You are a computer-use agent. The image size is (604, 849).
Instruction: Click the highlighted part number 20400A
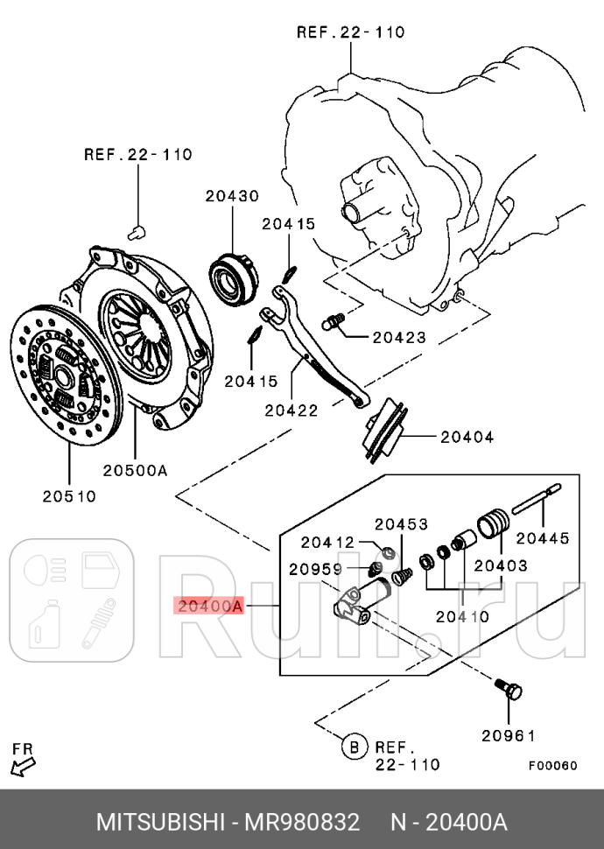pos(208,605)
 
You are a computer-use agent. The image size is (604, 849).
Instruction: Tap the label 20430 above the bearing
pos(232,197)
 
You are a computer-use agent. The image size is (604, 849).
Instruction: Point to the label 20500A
pos(135,470)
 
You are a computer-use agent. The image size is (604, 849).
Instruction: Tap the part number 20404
pos(467,436)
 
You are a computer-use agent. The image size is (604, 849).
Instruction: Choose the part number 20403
pos(500,565)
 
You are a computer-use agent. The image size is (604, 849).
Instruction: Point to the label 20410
pos(461,616)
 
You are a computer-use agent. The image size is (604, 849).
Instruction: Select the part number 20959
pos(315,570)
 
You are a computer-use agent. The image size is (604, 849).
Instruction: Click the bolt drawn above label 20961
pos(511,688)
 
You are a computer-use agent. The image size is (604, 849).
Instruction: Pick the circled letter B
pos(353,747)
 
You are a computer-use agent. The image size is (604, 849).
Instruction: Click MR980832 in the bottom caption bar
pos(301,822)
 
